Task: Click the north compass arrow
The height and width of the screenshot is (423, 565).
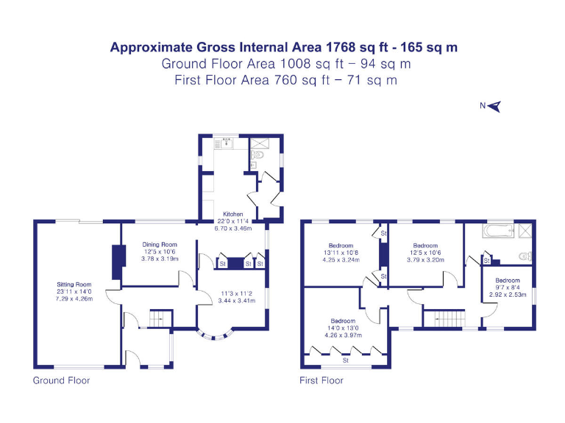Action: pyautogui.click(x=494, y=106)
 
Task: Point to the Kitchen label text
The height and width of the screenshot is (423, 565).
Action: pyautogui.click(x=232, y=214)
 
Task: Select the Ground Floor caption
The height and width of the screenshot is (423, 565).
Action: pyautogui.click(x=61, y=380)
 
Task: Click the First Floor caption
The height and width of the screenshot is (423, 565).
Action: pyautogui.click(x=321, y=380)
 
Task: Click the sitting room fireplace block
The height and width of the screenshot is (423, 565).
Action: pyautogui.click(x=116, y=261)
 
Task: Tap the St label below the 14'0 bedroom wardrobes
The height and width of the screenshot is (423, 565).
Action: pyautogui.click(x=345, y=360)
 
